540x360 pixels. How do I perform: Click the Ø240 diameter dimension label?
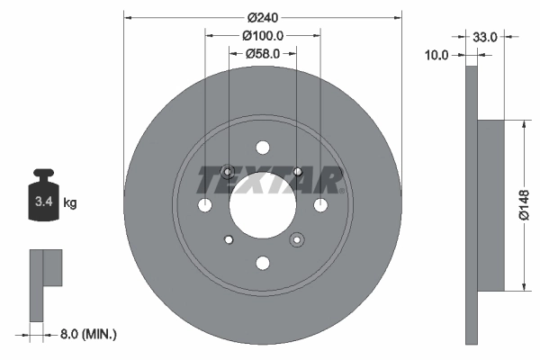click(261, 17)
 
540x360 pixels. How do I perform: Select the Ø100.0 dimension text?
click(263, 36)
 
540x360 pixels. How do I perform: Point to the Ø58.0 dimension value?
click(263, 55)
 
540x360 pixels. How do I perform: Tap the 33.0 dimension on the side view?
click(485, 37)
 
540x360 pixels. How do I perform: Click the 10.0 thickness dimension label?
click(436, 55)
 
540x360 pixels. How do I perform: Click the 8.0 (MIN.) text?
click(86, 334)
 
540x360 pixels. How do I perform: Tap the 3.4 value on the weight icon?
click(42, 202)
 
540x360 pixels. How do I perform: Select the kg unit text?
click(70, 203)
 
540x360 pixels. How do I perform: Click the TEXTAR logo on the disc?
click(269, 180)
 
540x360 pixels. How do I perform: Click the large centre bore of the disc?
click(262, 205)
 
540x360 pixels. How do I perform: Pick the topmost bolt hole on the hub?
click(262, 148)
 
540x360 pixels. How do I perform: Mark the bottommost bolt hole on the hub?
click(262, 263)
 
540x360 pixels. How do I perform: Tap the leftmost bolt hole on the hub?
click(204, 205)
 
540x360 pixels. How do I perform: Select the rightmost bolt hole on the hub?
click(319, 205)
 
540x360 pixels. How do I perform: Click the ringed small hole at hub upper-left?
click(228, 171)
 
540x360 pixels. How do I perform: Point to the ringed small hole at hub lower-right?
click(296, 239)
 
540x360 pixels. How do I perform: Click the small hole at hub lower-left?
click(228, 239)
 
